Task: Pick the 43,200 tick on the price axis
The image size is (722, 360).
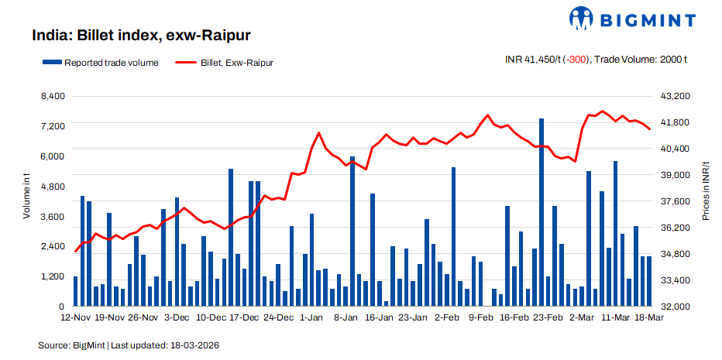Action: coord(672,96)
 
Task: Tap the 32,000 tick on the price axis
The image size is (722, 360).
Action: coord(672,307)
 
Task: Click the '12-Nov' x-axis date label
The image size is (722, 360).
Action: coord(76,317)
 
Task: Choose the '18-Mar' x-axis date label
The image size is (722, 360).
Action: coord(649,317)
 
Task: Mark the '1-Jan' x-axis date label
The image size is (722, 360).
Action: coord(311,317)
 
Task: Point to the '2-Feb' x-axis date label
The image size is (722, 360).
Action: coord(447,317)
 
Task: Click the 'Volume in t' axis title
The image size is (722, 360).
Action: coord(26,197)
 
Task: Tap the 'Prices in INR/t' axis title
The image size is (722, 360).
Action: coord(706,191)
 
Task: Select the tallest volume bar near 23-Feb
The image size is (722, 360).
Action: coord(541,212)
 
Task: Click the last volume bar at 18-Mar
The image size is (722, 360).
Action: coord(649,281)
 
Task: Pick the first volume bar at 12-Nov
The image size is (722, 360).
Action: coord(76,291)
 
